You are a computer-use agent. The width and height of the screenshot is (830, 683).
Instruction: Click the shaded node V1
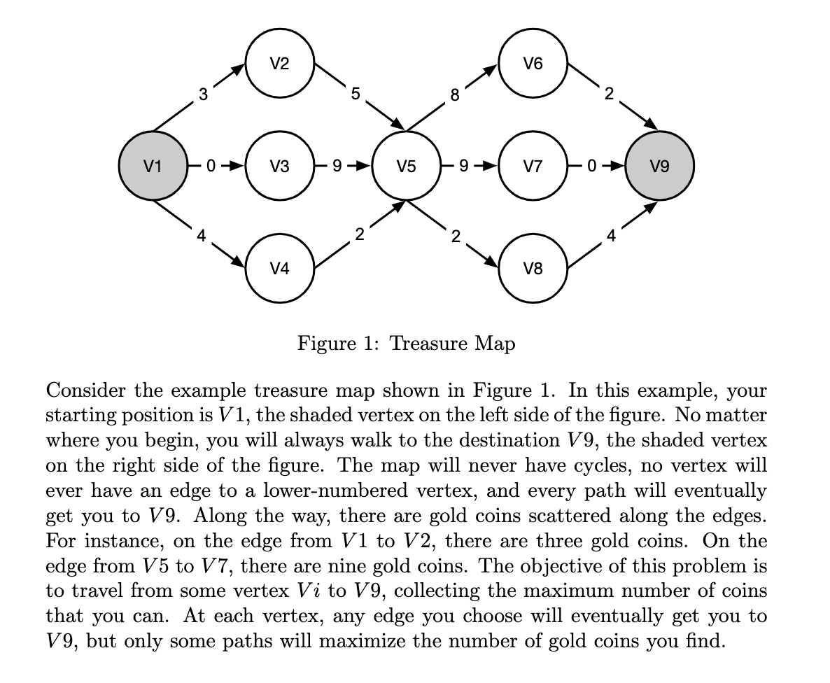pyautogui.click(x=153, y=166)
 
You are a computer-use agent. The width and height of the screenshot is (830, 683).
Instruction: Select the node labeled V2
pyautogui.click(x=279, y=64)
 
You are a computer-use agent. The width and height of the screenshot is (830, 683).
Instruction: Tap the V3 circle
pyautogui.click(x=279, y=166)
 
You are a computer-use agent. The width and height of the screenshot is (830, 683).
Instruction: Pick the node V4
pyautogui.click(x=279, y=268)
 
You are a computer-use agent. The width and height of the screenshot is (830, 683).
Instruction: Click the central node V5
pyautogui.click(x=406, y=166)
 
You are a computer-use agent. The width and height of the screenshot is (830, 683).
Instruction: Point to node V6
pyautogui.click(x=533, y=64)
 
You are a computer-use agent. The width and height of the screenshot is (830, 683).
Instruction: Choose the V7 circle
pyautogui.click(x=533, y=166)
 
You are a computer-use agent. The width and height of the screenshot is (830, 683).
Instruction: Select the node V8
pyautogui.click(x=533, y=268)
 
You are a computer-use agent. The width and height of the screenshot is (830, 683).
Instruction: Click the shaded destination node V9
pyautogui.click(x=659, y=166)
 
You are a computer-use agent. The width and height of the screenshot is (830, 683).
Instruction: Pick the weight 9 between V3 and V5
pyautogui.click(x=337, y=167)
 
